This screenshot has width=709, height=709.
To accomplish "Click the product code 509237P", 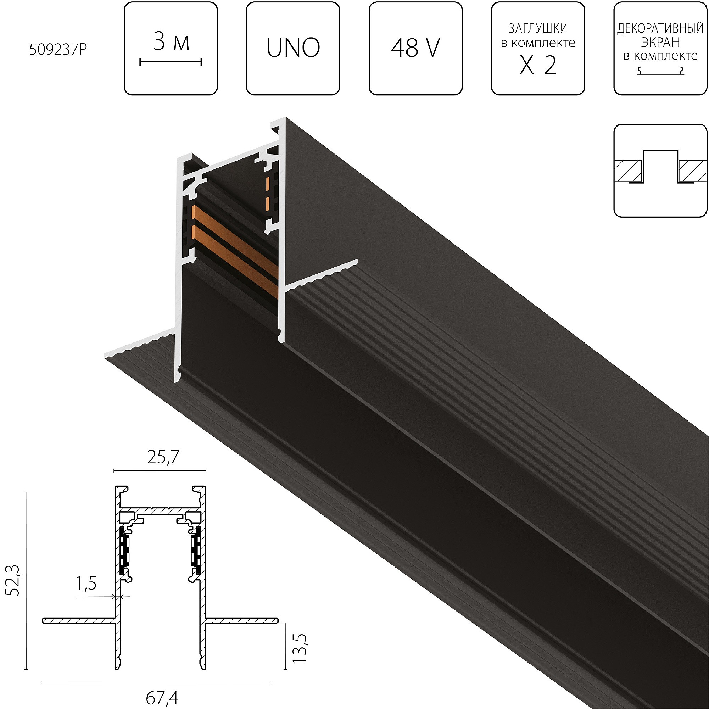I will (x=58, y=50).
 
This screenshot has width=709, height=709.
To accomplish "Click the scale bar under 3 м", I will (x=171, y=62).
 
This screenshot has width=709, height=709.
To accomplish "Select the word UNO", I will (x=293, y=48).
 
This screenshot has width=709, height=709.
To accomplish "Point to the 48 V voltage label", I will (x=415, y=48).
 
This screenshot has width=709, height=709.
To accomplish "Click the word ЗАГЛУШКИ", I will (x=538, y=29).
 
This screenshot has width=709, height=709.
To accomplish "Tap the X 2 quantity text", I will (x=538, y=66).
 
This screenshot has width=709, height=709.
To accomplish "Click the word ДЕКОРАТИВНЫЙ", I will (x=660, y=29).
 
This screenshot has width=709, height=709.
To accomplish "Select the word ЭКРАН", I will (x=660, y=43).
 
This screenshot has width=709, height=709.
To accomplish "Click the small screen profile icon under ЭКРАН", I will (x=660, y=71).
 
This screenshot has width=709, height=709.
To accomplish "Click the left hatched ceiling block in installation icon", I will (x=629, y=171).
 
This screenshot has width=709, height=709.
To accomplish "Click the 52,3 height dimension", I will (x=14, y=580).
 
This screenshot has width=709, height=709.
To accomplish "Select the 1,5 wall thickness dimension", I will (x=86, y=584).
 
